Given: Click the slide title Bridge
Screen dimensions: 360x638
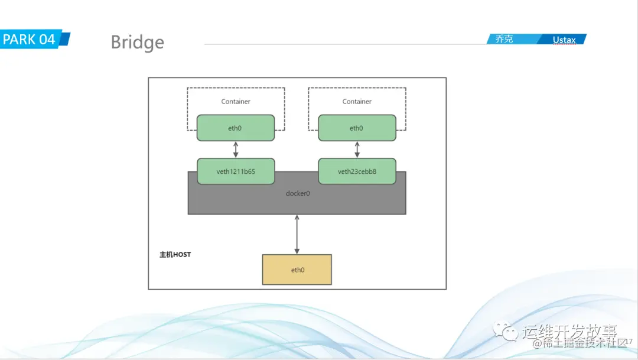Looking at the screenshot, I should click(x=137, y=43).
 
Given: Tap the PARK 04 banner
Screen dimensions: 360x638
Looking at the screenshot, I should click(x=34, y=40).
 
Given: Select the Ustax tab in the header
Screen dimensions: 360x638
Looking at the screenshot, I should click(x=564, y=40).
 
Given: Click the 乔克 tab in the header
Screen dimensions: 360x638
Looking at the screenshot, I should click(x=504, y=40).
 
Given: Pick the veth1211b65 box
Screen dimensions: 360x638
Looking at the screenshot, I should click(x=236, y=171).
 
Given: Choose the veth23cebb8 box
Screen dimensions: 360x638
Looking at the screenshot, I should click(x=357, y=171).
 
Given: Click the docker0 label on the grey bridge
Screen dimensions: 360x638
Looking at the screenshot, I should click(x=297, y=193).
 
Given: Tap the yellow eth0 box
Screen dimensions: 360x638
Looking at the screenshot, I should click(x=297, y=270).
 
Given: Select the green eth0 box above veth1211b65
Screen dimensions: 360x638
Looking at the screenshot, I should click(x=236, y=128).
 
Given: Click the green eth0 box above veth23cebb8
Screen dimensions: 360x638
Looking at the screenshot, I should click(x=356, y=128).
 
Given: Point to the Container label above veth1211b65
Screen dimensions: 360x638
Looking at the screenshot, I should click(x=236, y=102).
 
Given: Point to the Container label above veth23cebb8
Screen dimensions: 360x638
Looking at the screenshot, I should click(x=357, y=102).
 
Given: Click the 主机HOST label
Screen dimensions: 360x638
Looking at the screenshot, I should click(x=175, y=255).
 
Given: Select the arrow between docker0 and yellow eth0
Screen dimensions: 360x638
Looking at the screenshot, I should click(x=297, y=234).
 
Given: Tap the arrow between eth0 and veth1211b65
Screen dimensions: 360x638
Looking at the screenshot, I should click(x=236, y=150).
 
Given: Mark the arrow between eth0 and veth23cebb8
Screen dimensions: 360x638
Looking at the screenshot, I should click(x=356, y=150).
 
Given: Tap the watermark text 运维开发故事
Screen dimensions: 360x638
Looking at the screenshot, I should click(x=569, y=331).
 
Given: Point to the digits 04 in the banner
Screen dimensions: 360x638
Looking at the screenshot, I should click(x=47, y=40).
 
